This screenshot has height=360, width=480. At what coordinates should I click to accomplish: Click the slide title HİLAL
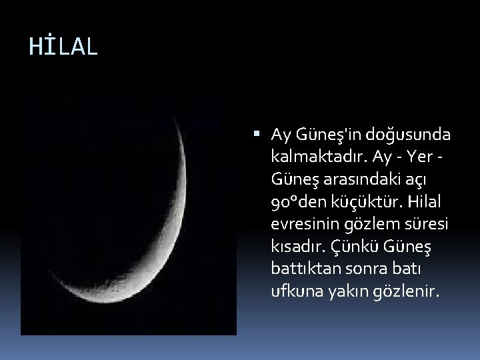click(63, 47)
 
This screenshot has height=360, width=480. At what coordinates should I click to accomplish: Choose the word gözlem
click(371, 225)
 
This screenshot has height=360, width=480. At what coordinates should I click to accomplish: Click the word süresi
click(427, 225)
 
